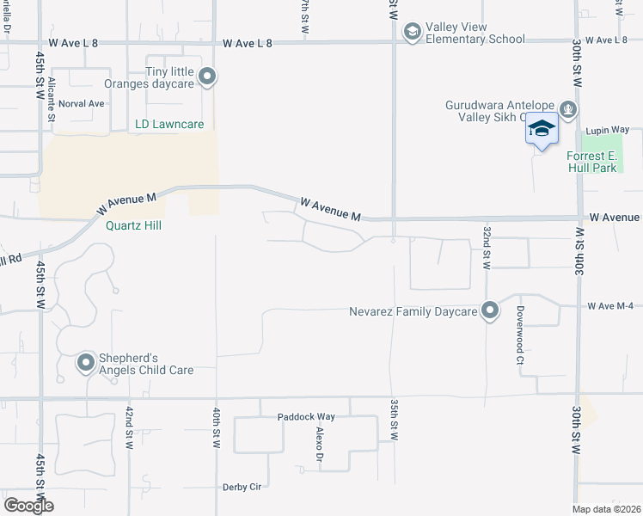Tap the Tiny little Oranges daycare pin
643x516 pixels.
[x=207, y=77]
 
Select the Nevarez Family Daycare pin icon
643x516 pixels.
[x=490, y=310]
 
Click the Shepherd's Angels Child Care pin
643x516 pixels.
[x=85, y=364]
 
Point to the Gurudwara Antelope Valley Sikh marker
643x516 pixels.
[x=567, y=109]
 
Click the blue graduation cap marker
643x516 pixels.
[x=542, y=130]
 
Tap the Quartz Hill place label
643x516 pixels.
[x=134, y=226]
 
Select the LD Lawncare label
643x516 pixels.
[x=169, y=125]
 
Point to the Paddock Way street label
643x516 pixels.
[x=306, y=417]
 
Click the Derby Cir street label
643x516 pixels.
[x=242, y=487]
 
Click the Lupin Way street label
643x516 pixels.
[x=607, y=130]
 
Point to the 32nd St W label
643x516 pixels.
[x=487, y=248]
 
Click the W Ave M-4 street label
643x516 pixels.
[x=610, y=306]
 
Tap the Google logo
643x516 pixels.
[x=28, y=506]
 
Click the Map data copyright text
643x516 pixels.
[x=605, y=509]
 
